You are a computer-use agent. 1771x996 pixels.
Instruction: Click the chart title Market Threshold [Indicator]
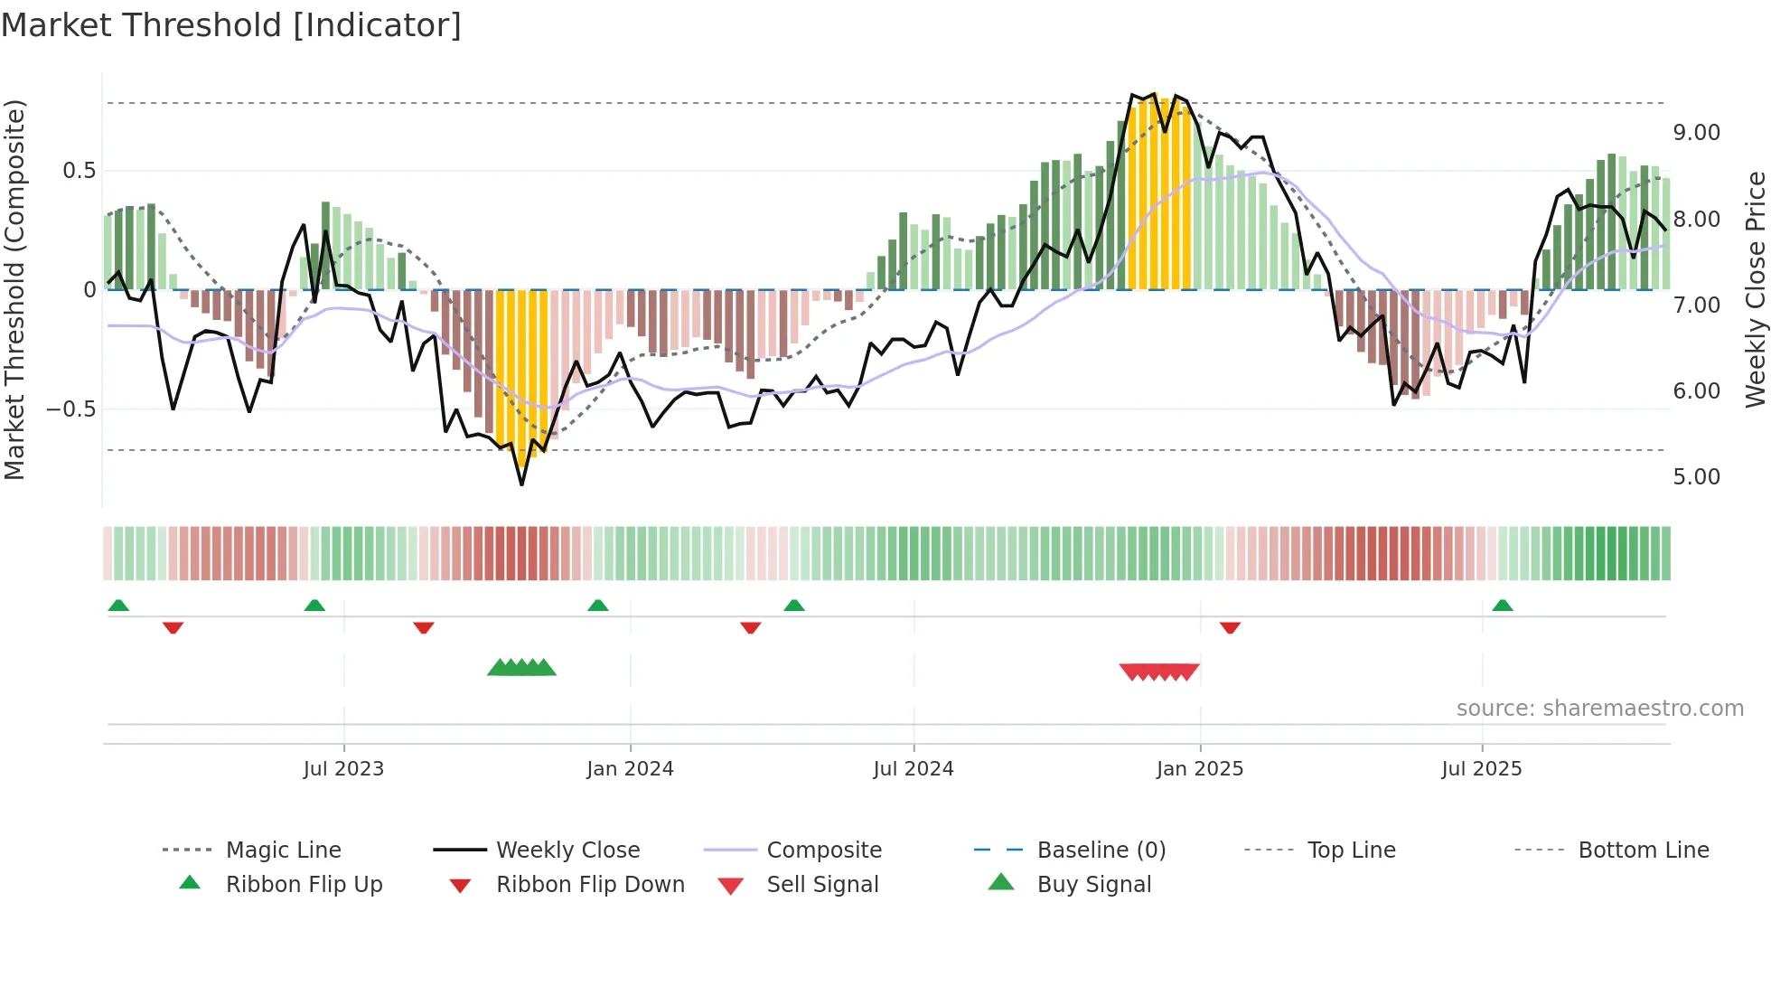coord(231,25)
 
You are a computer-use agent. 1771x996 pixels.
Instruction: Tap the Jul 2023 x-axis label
coord(343,769)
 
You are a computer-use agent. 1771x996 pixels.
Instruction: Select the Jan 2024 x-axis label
coord(630,769)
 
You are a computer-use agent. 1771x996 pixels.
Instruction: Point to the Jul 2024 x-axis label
coord(913,769)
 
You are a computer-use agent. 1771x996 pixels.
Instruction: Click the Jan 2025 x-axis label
coord(1199,769)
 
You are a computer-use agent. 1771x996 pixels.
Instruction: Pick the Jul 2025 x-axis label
coord(1481,769)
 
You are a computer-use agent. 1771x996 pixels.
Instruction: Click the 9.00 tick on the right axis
coord(1696,133)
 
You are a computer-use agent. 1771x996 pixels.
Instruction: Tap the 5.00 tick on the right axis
coord(1696,477)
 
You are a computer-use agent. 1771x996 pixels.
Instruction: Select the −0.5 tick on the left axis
coord(70,409)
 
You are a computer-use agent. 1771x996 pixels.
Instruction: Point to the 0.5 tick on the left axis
coord(79,171)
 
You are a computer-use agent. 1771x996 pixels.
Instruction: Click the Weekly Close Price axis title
coord(1755,289)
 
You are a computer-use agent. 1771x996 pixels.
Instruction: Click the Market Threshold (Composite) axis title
coord(14,289)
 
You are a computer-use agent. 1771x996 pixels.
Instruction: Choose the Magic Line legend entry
coord(283,850)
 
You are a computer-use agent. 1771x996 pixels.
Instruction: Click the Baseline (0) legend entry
coord(1101,850)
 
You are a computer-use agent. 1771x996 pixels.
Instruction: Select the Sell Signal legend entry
coord(821,885)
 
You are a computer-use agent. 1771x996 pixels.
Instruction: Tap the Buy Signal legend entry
coord(1093,885)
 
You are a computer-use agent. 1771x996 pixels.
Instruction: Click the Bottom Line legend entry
coord(1643,850)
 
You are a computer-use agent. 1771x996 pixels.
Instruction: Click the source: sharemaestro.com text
coord(1599,709)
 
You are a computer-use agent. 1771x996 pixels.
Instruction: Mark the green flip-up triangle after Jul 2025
coord(1502,606)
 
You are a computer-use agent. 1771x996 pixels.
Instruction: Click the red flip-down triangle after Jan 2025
coord(1230,627)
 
